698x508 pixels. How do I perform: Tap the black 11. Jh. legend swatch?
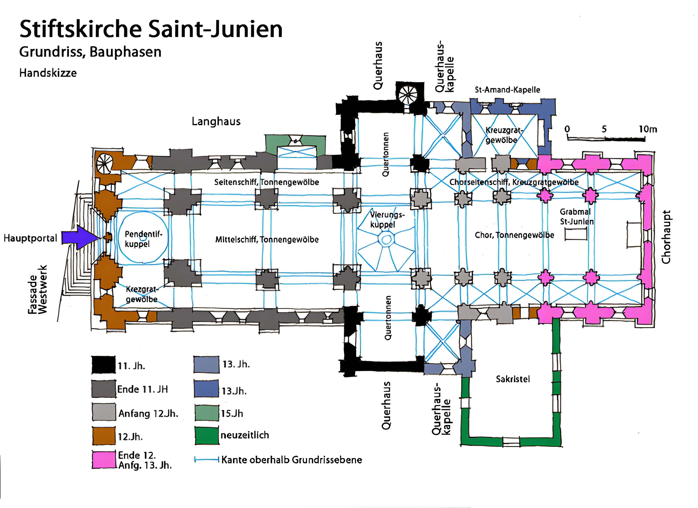pyautogui.click(x=103, y=365)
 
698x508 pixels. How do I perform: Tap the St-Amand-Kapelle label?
pyautogui.click(x=507, y=90)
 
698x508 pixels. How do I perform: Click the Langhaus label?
pyautogui.click(x=216, y=122)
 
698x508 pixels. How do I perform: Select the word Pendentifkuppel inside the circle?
pyautogui.click(x=143, y=239)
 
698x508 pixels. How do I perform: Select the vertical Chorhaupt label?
pyautogui.click(x=666, y=237)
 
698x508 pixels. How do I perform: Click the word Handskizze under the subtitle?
pyautogui.click(x=48, y=73)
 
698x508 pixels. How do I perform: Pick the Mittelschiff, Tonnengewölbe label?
pyautogui.click(x=267, y=240)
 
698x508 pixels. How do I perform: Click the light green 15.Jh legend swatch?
pyautogui.click(x=207, y=413)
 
